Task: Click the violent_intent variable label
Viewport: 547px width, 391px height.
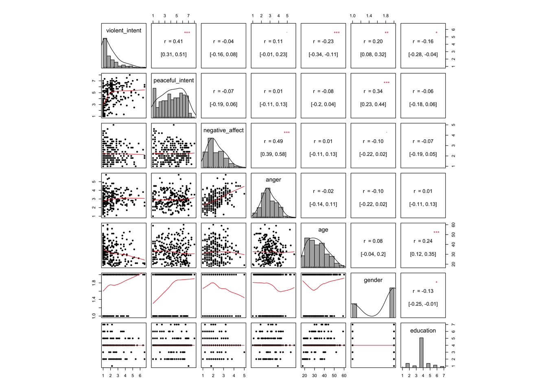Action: tap(124, 31)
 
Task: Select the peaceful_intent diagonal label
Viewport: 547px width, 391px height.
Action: tap(173, 81)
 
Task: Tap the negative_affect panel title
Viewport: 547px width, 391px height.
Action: tap(223, 130)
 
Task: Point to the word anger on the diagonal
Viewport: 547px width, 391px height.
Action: tap(273, 180)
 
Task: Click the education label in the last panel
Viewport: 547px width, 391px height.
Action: tap(423, 331)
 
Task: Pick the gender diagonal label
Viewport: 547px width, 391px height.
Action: tap(373, 280)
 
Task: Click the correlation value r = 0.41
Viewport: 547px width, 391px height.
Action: tap(174, 42)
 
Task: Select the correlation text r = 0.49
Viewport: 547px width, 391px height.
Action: tap(273, 141)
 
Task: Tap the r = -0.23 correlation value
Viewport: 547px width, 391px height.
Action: tap(323, 42)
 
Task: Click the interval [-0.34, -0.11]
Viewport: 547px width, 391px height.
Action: tap(323, 55)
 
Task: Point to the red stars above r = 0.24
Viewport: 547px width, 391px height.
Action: tap(436, 233)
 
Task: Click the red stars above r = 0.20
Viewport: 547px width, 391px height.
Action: tap(387, 33)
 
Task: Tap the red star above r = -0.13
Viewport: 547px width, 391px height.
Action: tap(436, 282)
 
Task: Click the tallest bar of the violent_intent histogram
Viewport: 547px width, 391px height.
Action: tap(105, 53)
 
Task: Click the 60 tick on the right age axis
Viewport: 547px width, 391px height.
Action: tap(453, 225)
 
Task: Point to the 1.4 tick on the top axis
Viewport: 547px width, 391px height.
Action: tap(369, 16)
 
